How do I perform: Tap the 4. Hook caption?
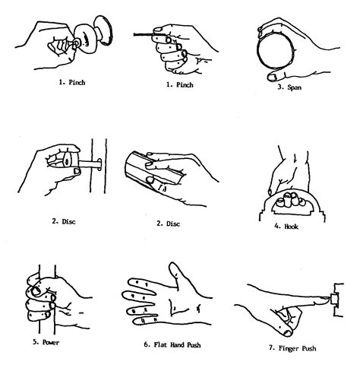pos(286,225)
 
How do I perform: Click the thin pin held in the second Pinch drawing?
pos(142,34)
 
